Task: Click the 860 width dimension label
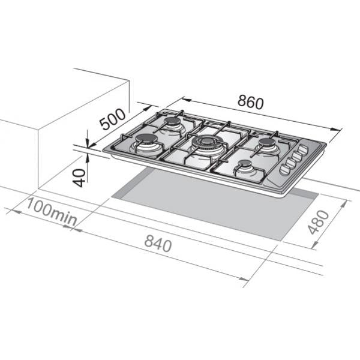click(250, 102)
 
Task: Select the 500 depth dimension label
click(113, 119)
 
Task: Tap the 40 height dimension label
click(79, 178)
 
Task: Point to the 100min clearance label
click(52, 212)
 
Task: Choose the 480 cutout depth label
click(319, 222)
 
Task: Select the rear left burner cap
click(172, 121)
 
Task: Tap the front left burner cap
click(147, 139)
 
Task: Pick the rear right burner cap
click(267, 142)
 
